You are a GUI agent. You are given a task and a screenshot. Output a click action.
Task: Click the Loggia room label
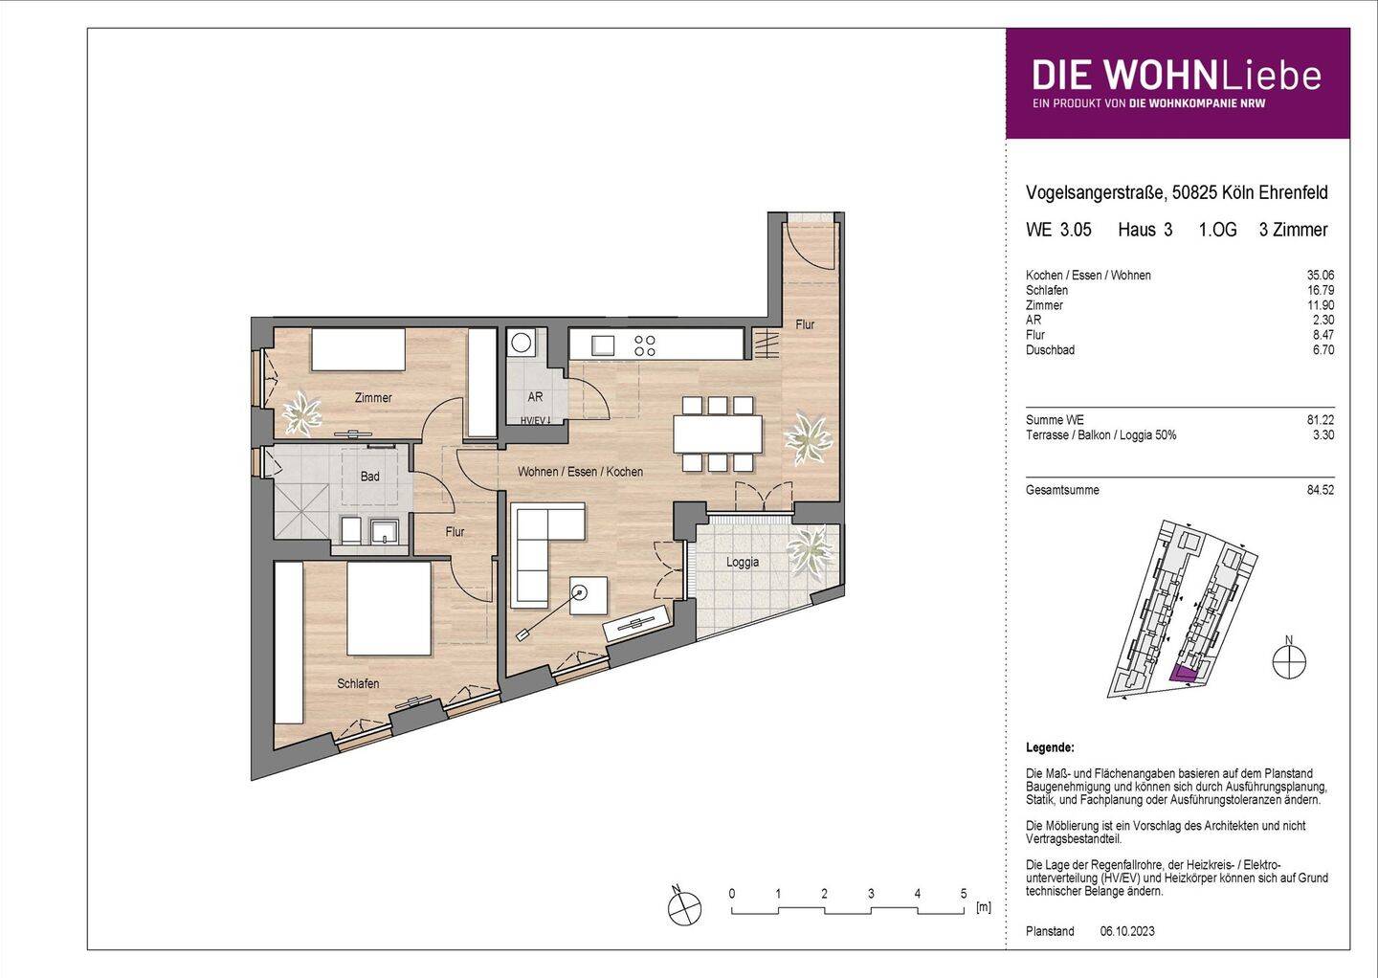coord(742,562)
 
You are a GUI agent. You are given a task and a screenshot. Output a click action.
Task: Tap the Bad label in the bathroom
coord(369,476)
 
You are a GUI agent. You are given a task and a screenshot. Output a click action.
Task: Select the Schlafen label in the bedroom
coord(358,683)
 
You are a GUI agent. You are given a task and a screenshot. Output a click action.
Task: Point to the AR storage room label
coord(535,396)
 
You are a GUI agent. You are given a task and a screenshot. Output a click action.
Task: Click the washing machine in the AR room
coord(522,343)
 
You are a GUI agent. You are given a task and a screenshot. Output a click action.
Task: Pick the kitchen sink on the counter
coord(605,343)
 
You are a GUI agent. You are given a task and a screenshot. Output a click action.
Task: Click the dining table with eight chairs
coord(718,433)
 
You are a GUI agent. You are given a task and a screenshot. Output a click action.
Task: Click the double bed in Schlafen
coord(389,608)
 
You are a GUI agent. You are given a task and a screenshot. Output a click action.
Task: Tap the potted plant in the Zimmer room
coord(306,412)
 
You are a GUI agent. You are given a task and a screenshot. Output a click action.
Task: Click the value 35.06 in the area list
coord(1321,276)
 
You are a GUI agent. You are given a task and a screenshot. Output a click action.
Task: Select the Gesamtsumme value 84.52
coord(1321,491)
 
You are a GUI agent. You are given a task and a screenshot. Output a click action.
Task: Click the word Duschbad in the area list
coord(1050,350)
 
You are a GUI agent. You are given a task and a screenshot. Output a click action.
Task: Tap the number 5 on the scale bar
coord(964,894)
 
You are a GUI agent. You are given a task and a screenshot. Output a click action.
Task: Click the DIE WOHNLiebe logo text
coord(1176,76)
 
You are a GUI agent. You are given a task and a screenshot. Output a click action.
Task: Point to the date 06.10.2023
coord(1127,931)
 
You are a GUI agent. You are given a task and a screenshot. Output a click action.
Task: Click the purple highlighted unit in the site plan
coord(1184,674)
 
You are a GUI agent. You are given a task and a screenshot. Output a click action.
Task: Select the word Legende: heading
coord(1050,747)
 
